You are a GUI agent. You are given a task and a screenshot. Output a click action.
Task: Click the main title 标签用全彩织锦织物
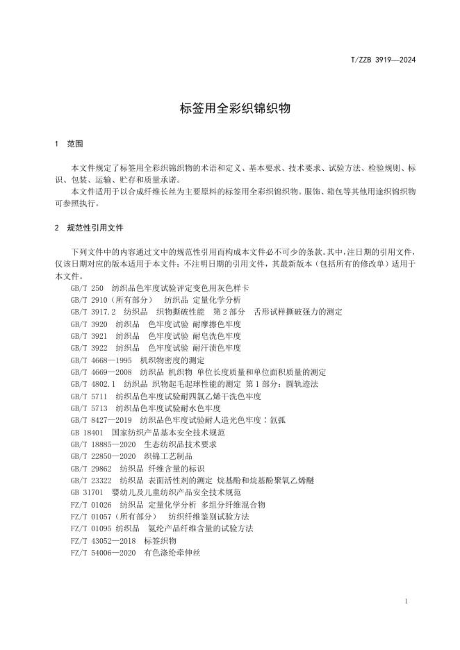(x=230, y=108)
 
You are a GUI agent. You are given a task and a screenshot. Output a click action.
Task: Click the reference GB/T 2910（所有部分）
(x=108, y=299)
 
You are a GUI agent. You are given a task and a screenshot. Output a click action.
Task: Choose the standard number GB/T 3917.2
(x=93, y=312)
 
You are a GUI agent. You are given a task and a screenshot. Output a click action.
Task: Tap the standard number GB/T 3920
(x=89, y=324)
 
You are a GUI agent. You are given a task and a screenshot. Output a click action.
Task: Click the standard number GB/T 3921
(x=89, y=335)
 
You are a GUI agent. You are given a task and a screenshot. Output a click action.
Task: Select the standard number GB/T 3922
(x=89, y=348)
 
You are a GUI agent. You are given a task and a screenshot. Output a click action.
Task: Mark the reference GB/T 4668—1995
(x=101, y=360)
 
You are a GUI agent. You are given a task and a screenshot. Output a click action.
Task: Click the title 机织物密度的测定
(x=172, y=360)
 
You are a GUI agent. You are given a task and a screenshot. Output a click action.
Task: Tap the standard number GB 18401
(x=87, y=433)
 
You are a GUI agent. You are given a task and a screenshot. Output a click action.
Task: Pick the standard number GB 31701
(x=87, y=492)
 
